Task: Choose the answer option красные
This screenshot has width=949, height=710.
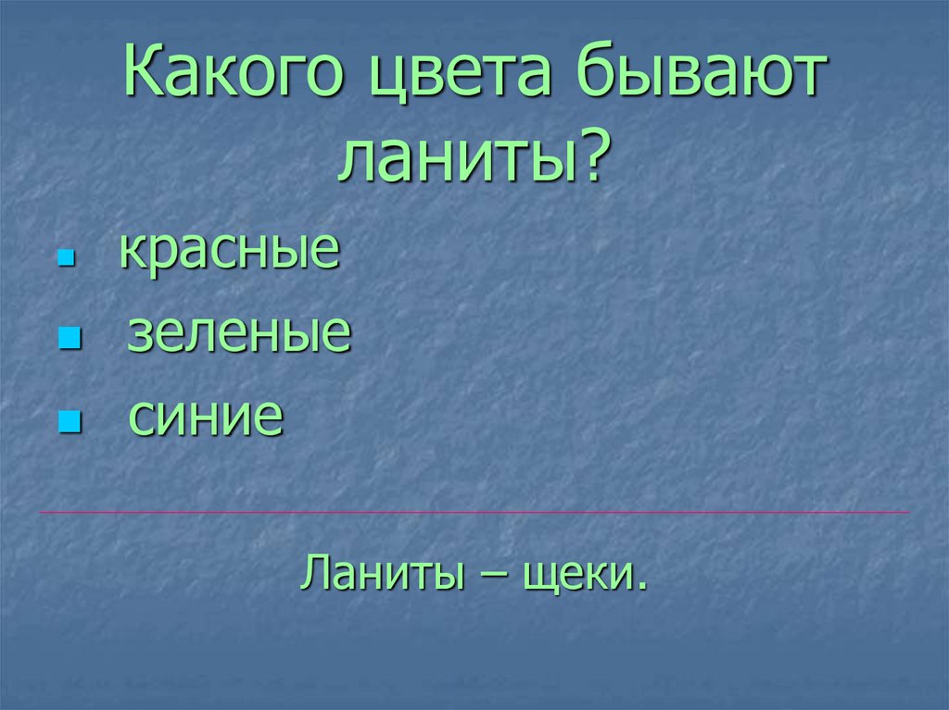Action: tap(229, 253)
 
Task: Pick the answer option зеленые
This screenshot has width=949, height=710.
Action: tap(239, 334)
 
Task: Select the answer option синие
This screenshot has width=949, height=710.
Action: tap(206, 417)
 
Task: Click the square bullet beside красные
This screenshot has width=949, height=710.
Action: tap(65, 259)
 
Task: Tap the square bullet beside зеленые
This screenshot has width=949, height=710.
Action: tap(66, 341)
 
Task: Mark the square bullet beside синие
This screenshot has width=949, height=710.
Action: tap(66, 424)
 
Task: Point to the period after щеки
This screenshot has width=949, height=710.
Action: tap(640, 587)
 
